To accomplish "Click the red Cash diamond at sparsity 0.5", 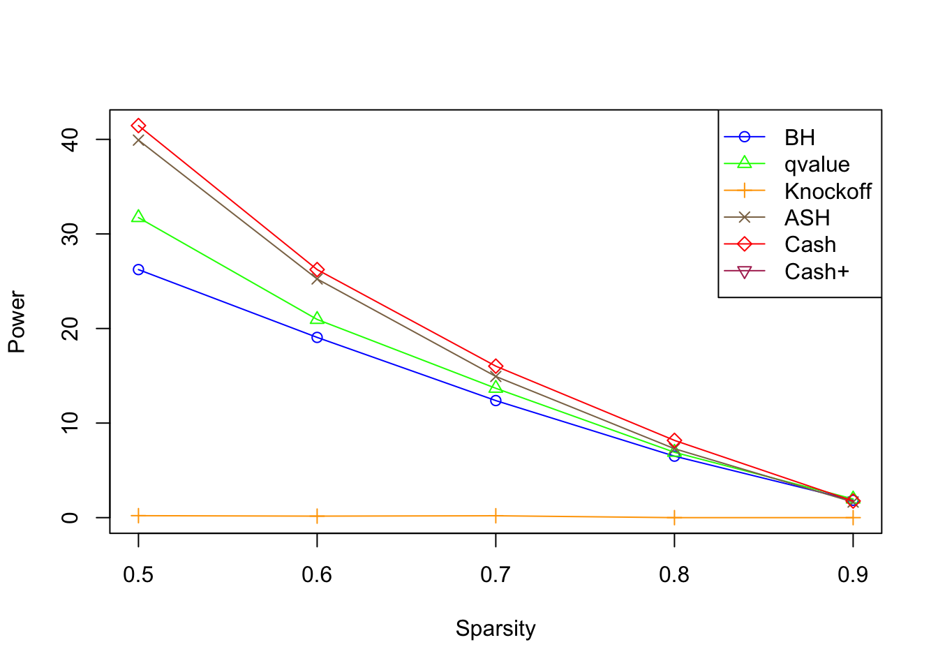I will [x=138, y=126].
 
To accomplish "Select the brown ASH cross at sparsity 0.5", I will [x=138, y=140].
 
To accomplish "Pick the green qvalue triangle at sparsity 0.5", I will [x=138, y=217].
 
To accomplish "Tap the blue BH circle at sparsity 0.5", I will [x=138, y=269].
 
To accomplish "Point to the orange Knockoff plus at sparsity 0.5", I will [x=138, y=516].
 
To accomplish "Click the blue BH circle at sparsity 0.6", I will [x=317, y=337].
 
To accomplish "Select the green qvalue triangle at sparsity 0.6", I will [x=317, y=318].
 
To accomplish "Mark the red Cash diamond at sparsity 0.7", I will [x=496, y=366].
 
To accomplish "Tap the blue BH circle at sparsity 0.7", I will [x=496, y=401].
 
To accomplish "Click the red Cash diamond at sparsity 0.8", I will [x=674, y=440].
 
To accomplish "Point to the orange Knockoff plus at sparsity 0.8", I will [x=674, y=518].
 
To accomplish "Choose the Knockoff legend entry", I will [x=827, y=191].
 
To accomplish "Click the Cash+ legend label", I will [x=817, y=271].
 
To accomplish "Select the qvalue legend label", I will [x=817, y=165].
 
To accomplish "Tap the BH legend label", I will [x=799, y=137].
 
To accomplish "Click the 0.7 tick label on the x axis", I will [x=496, y=574].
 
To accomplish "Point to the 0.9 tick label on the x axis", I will [x=852, y=574].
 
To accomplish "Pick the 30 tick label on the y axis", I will [x=70, y=234].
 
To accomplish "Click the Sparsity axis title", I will [x=496, y=628].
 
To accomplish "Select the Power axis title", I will [x=17, y=322].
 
